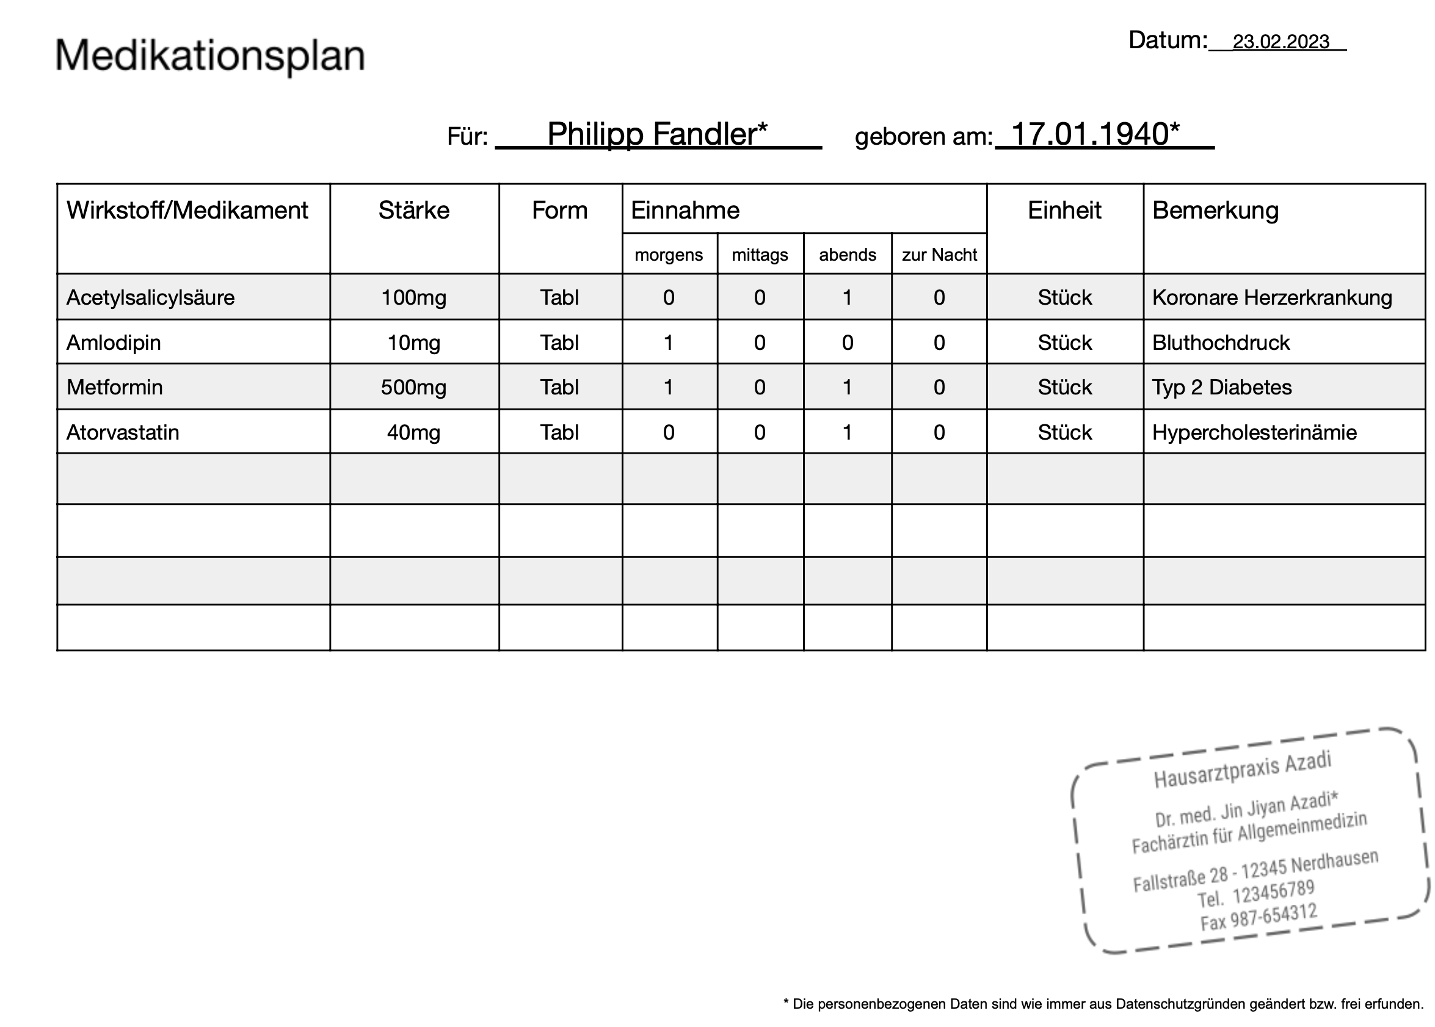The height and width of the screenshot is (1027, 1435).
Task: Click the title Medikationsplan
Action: coord(210,56)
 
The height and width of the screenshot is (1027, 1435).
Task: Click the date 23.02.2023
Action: coord(1280,42)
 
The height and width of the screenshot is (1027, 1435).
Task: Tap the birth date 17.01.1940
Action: coord(1095,134)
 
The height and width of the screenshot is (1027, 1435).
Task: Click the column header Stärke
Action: coord(413,210)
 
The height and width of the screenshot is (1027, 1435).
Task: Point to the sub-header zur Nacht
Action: coord(939,255)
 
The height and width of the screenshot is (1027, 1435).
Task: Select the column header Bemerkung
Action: coord(1215,210)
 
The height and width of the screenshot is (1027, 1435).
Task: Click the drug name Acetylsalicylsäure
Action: coord(150,297)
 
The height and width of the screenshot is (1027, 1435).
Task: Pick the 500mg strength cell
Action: coord(413,387)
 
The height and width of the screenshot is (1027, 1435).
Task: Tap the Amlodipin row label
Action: coord(114,343)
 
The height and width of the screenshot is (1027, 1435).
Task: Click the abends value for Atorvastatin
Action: coord(847,432)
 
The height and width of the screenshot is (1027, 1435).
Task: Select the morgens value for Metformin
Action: coord(669,387)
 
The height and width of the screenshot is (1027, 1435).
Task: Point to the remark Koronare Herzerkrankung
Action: coord(1271,297)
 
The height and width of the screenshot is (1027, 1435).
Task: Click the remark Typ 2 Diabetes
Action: coord(1221,387)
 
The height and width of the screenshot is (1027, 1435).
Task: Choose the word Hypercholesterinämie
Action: coord(1254,432)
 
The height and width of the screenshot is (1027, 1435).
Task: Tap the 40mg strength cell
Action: coord(413,432)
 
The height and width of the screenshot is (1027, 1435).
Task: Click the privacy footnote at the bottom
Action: coord(1103,1004)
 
